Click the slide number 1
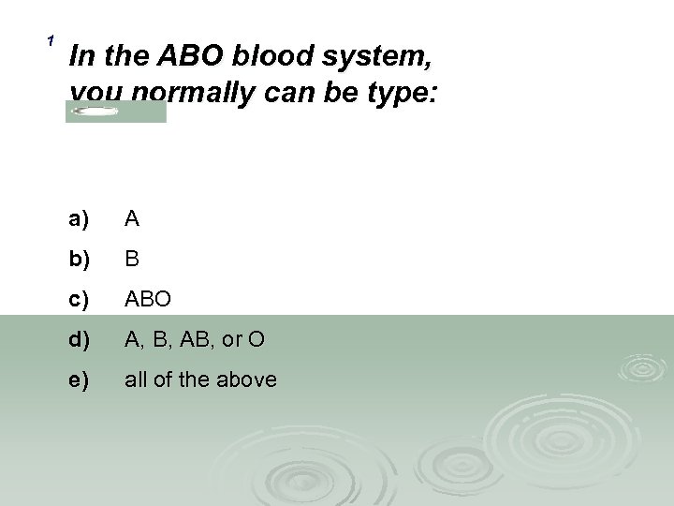[x=51, y=39]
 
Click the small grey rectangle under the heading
[x=115, y=112]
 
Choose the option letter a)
[x=79, y=219]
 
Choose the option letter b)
[x=79, y=260]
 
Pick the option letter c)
[x=79, y=300]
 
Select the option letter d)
[x=79, y=340]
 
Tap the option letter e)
[x=79, y=379]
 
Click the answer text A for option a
[x=132, y=219]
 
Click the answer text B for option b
[x=132, y=260]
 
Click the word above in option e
[x=249, y=379]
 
